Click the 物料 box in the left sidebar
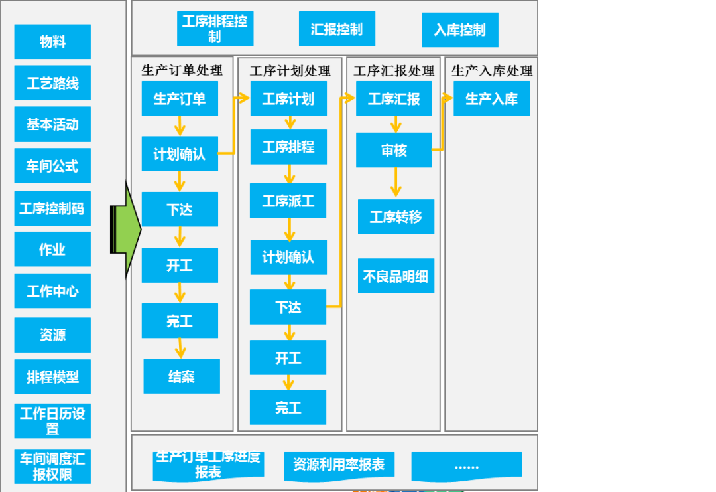click(x=52, y=42)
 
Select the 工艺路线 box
click(x=52, y=83)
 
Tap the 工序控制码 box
click(x=52, y=208)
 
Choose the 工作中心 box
click(x=52, y=291)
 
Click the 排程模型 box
click(x=52, y=377)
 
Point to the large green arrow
click(x=127, y=230)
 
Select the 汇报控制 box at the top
click(x=337, y=29)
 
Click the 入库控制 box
click(x=460, y=30)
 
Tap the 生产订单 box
click(x=180, y=99)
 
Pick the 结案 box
click(x=182, y=376)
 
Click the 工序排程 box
click(x=288, y=147)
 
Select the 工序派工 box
click(x=288, y=201)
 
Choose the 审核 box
click(x=394, y=150)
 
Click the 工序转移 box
click(x=396, y=216)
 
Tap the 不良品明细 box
click(x=396, y=276)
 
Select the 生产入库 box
click(x=492, y=99)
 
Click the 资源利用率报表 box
click(x=339, y=465)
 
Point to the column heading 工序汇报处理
click(x=394, y=70)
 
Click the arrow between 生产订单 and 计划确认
click(x=180, y=125)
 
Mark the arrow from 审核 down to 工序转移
click(x=396, y=182)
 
